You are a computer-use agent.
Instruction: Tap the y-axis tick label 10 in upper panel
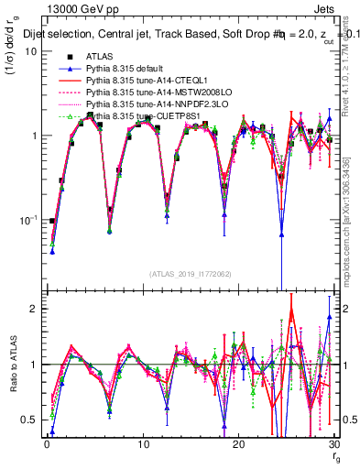tap(29, 51)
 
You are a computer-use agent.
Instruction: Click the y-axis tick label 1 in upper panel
tap(32, 136)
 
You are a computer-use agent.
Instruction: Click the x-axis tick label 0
tap(46, 444)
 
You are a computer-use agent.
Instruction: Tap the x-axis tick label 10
tap(143, 444)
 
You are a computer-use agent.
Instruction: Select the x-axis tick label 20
tap(239, 444)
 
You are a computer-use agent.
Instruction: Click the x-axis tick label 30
tap(333, 444)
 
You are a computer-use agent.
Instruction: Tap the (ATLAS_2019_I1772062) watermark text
tap(191, 274)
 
